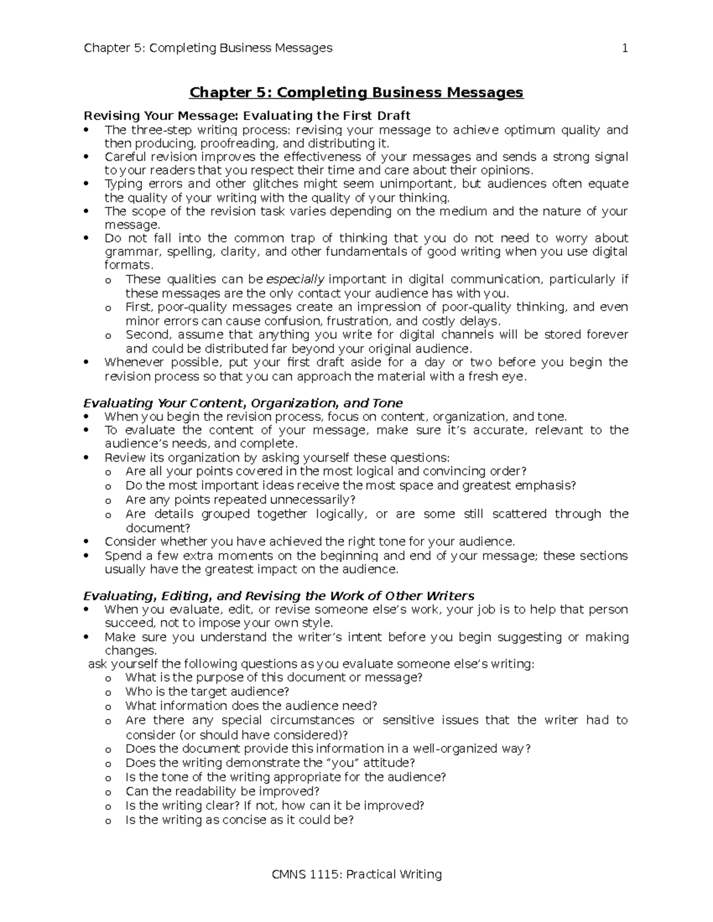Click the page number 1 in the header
coord(624,48)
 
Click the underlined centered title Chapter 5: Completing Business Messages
coord(356,93)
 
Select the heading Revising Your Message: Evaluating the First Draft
coord(247,115)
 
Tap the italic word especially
coord(295,280)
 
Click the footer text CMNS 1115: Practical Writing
coord(356,874)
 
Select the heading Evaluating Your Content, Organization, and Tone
coord(243,404)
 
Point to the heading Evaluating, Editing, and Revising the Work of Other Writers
coord(279,596)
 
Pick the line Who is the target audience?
coord(207,692)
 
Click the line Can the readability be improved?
coord(222,791)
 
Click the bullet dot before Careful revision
coord(87,157)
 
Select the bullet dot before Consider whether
coord(87,542)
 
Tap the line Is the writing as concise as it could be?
coord(239,820)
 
